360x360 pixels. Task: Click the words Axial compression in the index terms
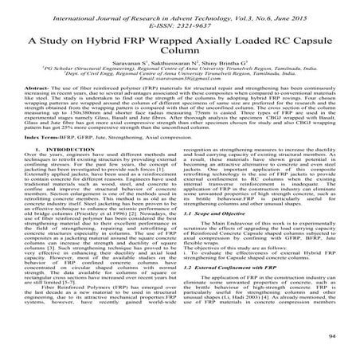pyautogui.click(x=238, y=159)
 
